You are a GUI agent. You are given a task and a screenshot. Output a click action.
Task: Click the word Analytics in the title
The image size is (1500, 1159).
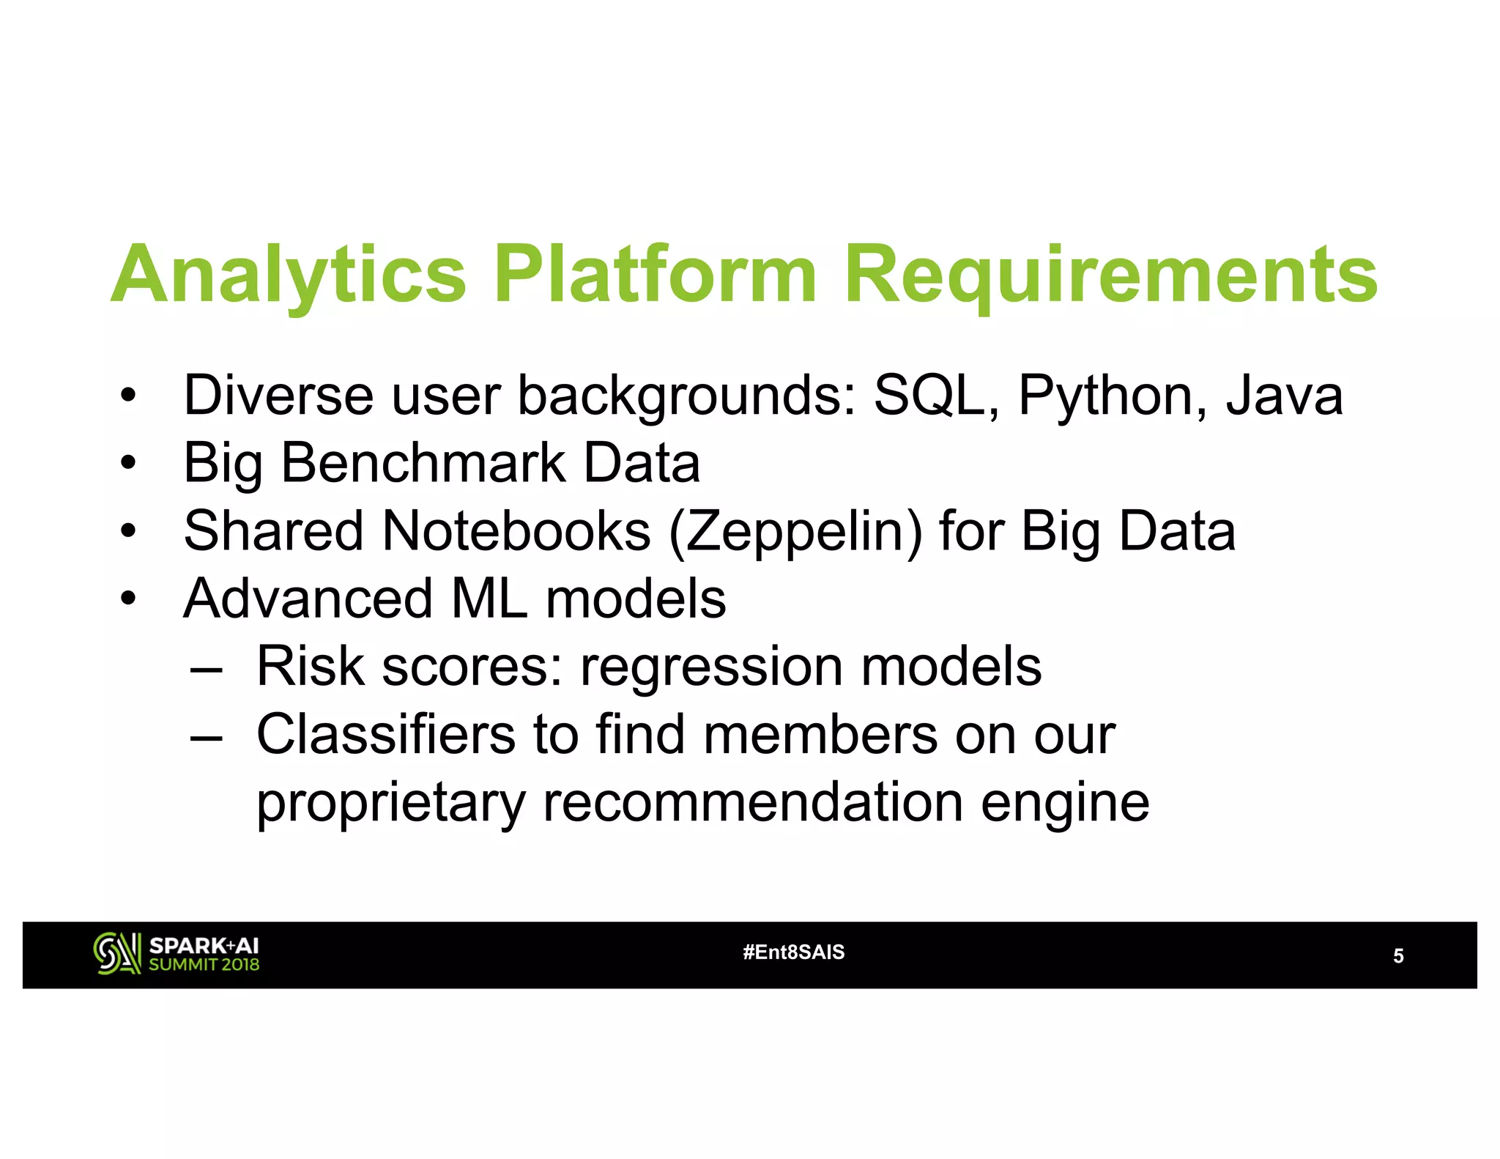289,275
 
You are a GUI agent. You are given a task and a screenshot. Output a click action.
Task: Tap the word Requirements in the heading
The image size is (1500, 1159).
1110,275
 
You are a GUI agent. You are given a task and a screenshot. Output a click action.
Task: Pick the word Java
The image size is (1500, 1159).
1284,396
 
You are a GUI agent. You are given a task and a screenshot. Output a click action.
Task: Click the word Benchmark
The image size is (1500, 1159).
423,463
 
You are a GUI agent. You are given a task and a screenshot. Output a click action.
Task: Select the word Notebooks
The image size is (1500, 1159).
516,530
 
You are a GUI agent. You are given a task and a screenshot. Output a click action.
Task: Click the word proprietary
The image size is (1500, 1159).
390,804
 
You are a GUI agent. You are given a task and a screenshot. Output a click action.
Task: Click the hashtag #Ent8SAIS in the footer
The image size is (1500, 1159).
793,952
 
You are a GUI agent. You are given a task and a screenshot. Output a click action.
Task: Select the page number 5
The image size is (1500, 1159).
1397,956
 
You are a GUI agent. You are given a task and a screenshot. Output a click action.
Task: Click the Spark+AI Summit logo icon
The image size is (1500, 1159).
116,953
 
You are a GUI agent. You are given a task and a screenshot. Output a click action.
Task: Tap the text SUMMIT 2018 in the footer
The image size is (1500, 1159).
204,965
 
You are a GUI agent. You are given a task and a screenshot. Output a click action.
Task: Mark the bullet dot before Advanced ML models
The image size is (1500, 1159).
129,599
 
